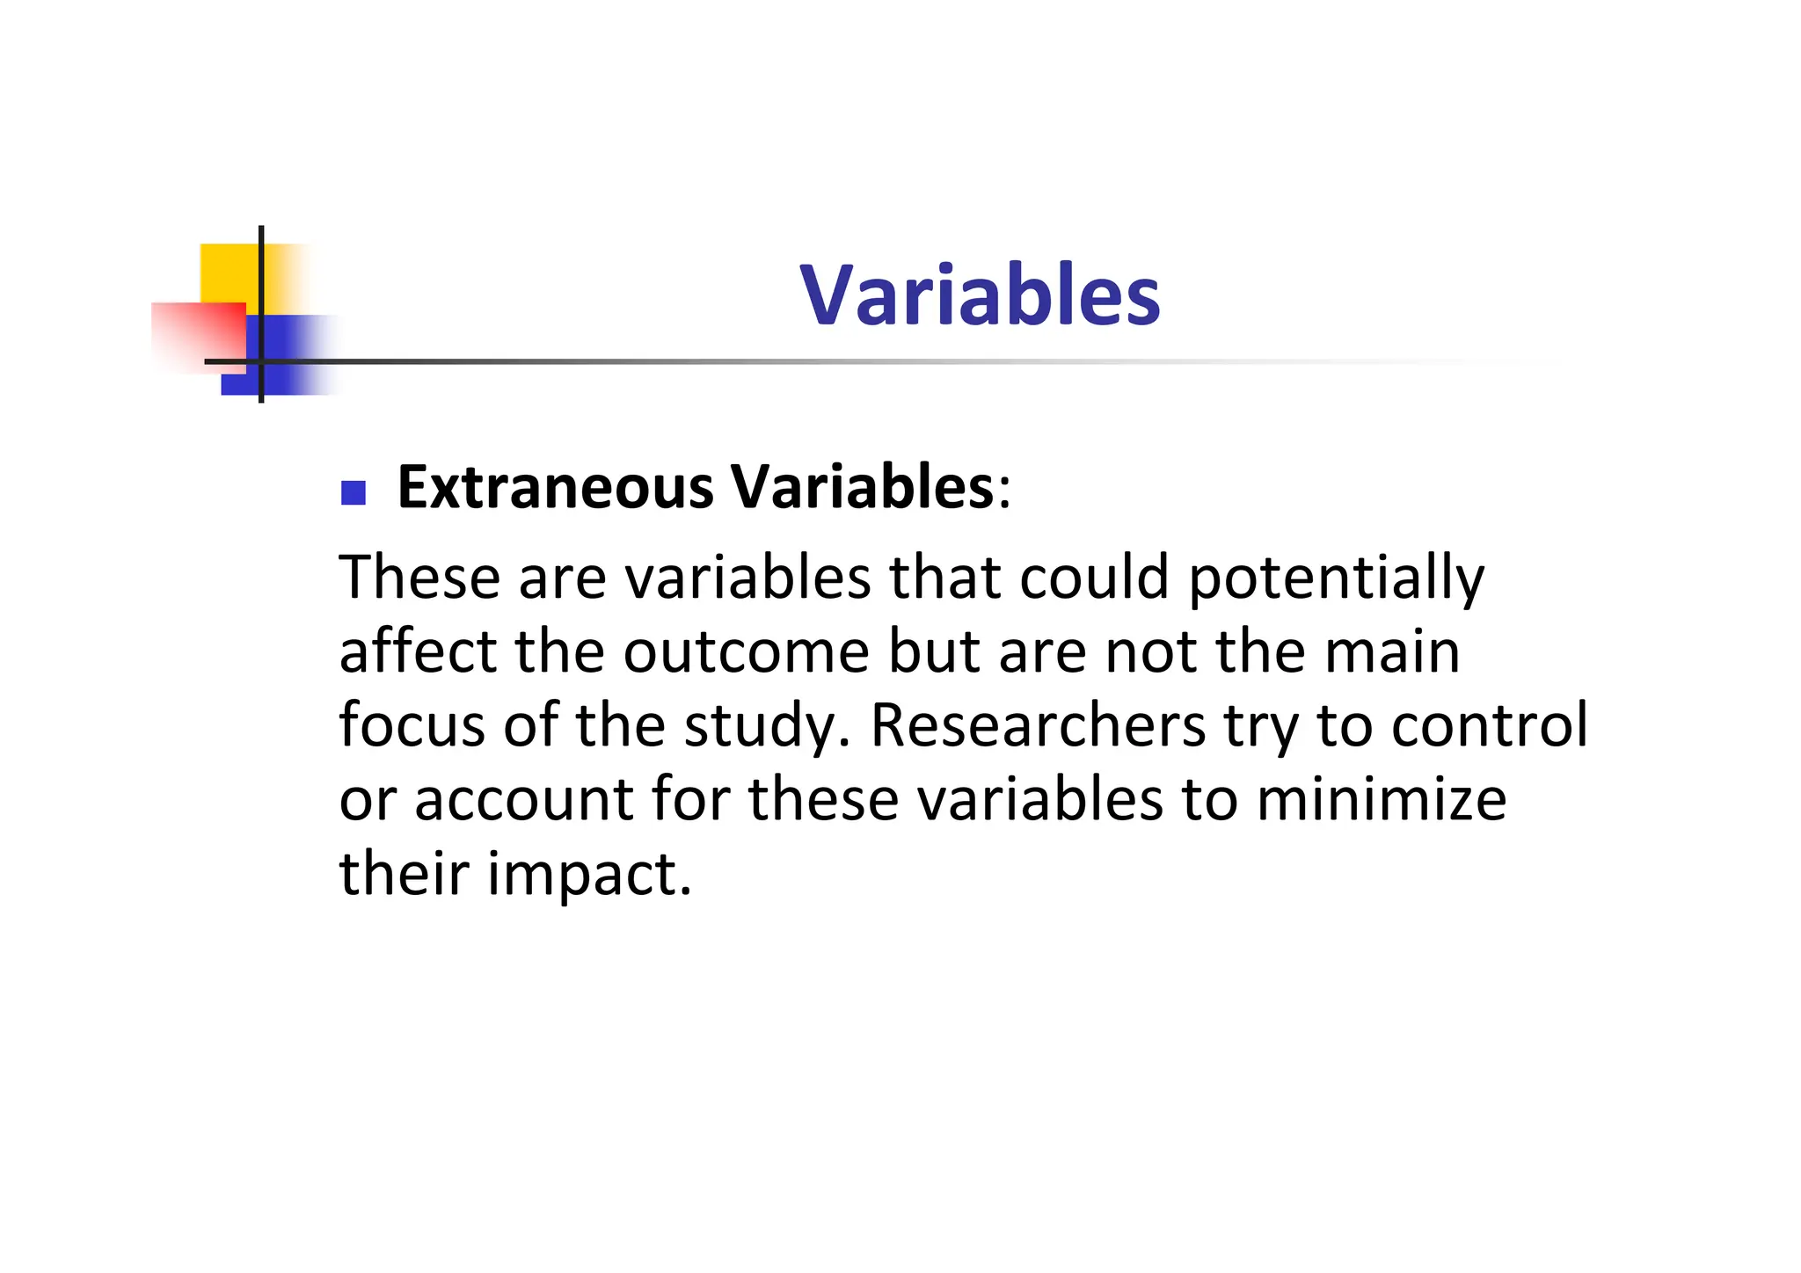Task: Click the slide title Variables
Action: pos(980,295)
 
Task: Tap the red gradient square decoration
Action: pos(198,336)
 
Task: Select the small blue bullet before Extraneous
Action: pos(353,492)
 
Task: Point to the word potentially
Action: pos(1336,579)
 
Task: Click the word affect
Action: pos(418,651)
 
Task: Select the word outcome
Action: pos(746,653)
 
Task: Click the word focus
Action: pos(412,725)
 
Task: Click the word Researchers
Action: pos(1038,725)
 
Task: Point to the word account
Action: pos(523,801)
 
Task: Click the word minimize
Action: pos(1382,799)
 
